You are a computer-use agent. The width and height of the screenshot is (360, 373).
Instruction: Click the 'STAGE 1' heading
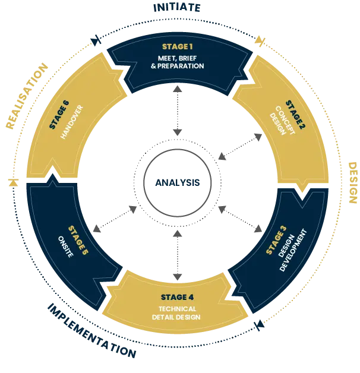(x=178, y=46)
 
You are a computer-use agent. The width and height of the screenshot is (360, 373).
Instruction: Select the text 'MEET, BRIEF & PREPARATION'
(x=178, y=62)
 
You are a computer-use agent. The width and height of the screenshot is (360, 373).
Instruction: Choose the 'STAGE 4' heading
(x=178, y=297)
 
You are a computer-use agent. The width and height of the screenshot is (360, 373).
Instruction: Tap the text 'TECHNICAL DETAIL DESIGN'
(x=180, y=313)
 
